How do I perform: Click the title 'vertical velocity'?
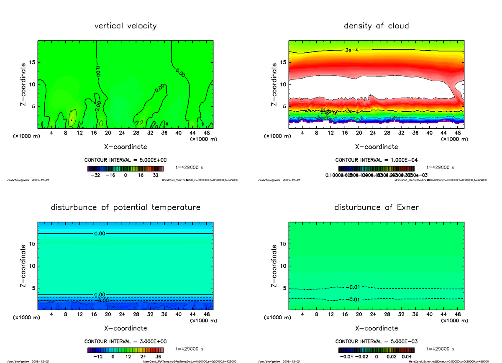[x=125, y=26]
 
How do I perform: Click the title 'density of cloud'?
[x=376, y=26]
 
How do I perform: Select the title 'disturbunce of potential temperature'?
[x=125, y=207]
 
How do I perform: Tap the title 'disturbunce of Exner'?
[x=376, y=207]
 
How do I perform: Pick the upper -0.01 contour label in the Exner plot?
[x=354, y=287]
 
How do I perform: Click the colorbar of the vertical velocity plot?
[x=125, y=169]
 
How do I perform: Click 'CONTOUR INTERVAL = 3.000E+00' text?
[x=125, y=341]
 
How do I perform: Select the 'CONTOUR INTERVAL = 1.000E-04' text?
[x=376, y=160]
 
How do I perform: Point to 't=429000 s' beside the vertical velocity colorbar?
[x=190, y=167]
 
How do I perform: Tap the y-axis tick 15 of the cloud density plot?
[x=283, y=63]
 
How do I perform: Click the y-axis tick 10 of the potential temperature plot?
[x=32, y=266]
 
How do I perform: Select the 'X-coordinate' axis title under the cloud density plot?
[x=376, y=147]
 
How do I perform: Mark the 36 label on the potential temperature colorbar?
[x=158, y=357]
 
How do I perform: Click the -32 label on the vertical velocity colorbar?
[x=95, y=175]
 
